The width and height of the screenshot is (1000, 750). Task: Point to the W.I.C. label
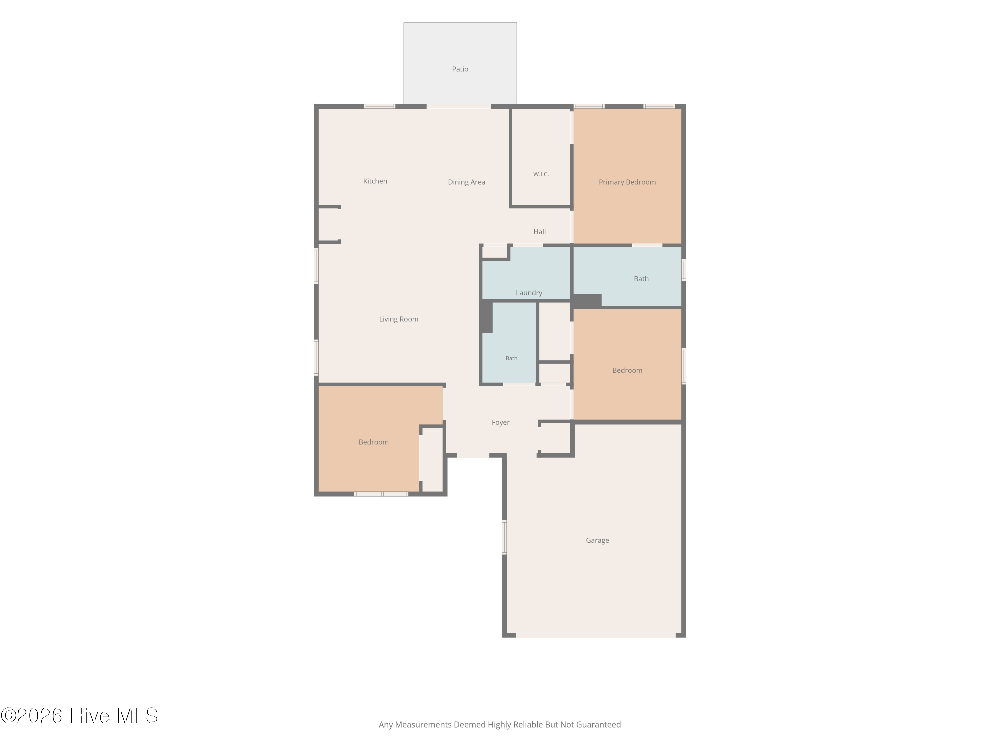point(541,174)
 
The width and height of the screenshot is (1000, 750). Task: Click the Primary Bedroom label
point(627,182)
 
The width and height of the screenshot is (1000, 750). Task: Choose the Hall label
point(539,232)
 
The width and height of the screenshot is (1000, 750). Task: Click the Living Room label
point(398,319)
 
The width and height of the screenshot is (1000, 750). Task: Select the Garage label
point(597,540)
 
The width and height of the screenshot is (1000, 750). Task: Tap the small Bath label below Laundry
point(511,358)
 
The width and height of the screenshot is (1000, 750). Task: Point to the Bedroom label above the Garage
point(627,370)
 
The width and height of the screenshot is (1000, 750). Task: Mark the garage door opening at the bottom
point(596,635)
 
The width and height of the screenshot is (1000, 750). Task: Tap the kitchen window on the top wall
point(379,106)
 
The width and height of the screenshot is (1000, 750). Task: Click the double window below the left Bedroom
point(381,494)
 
